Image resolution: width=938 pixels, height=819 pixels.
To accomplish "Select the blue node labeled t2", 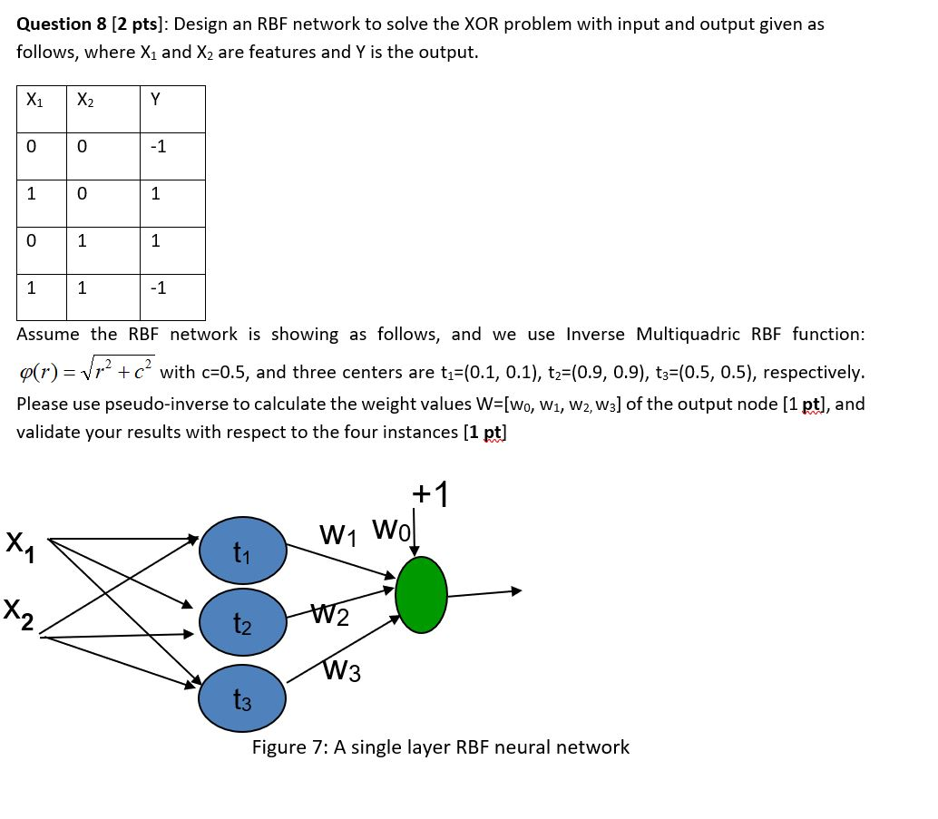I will click(242, 624).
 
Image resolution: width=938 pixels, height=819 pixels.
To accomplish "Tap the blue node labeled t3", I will click(242, 699).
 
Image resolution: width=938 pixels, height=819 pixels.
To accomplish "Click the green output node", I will click(422, 594).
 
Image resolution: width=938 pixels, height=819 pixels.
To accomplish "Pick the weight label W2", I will click(330, 618).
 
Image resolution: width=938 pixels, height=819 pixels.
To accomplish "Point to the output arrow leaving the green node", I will click(485, 593).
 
